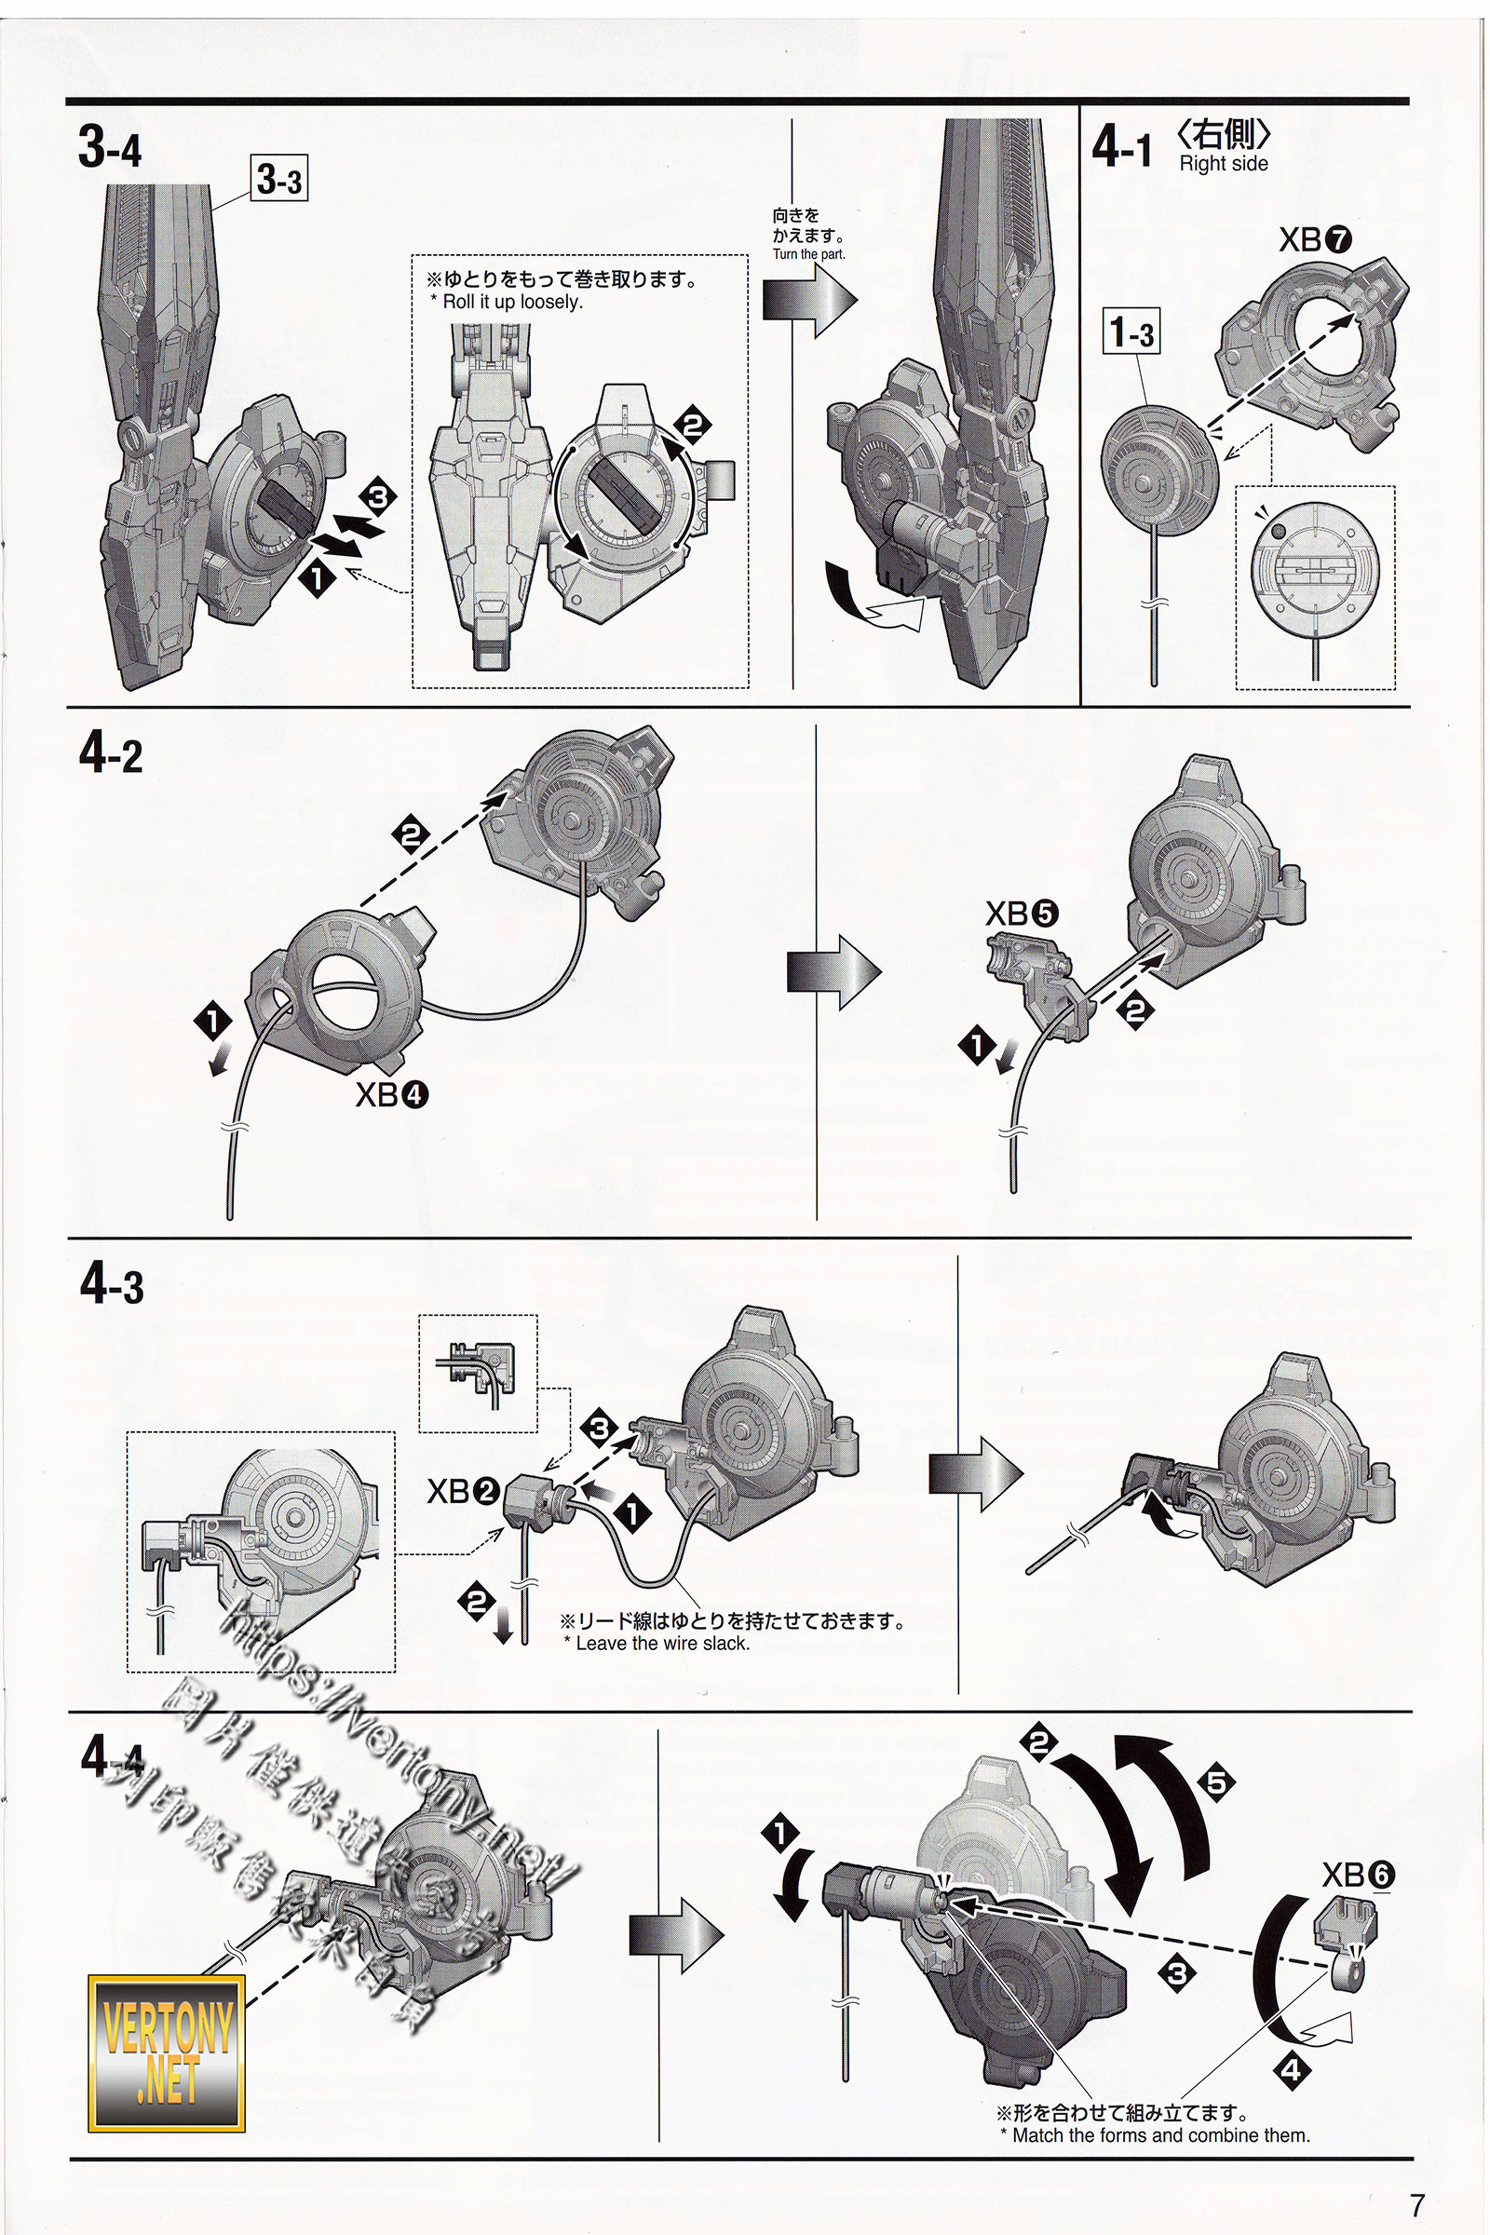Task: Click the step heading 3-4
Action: tap(110, 149)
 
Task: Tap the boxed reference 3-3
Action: tap(280, 179)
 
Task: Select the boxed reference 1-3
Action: tap(1131, 333)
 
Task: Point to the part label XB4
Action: tap(391, 1096)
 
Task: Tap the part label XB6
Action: tap(1359, 1875)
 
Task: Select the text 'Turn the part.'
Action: tap(808, 253)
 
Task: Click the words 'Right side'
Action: tap(1224, 164)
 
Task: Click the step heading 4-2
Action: tap(111, 756)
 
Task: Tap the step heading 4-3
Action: tap(112, 1286)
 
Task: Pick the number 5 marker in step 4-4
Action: tap(1217, 1782)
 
